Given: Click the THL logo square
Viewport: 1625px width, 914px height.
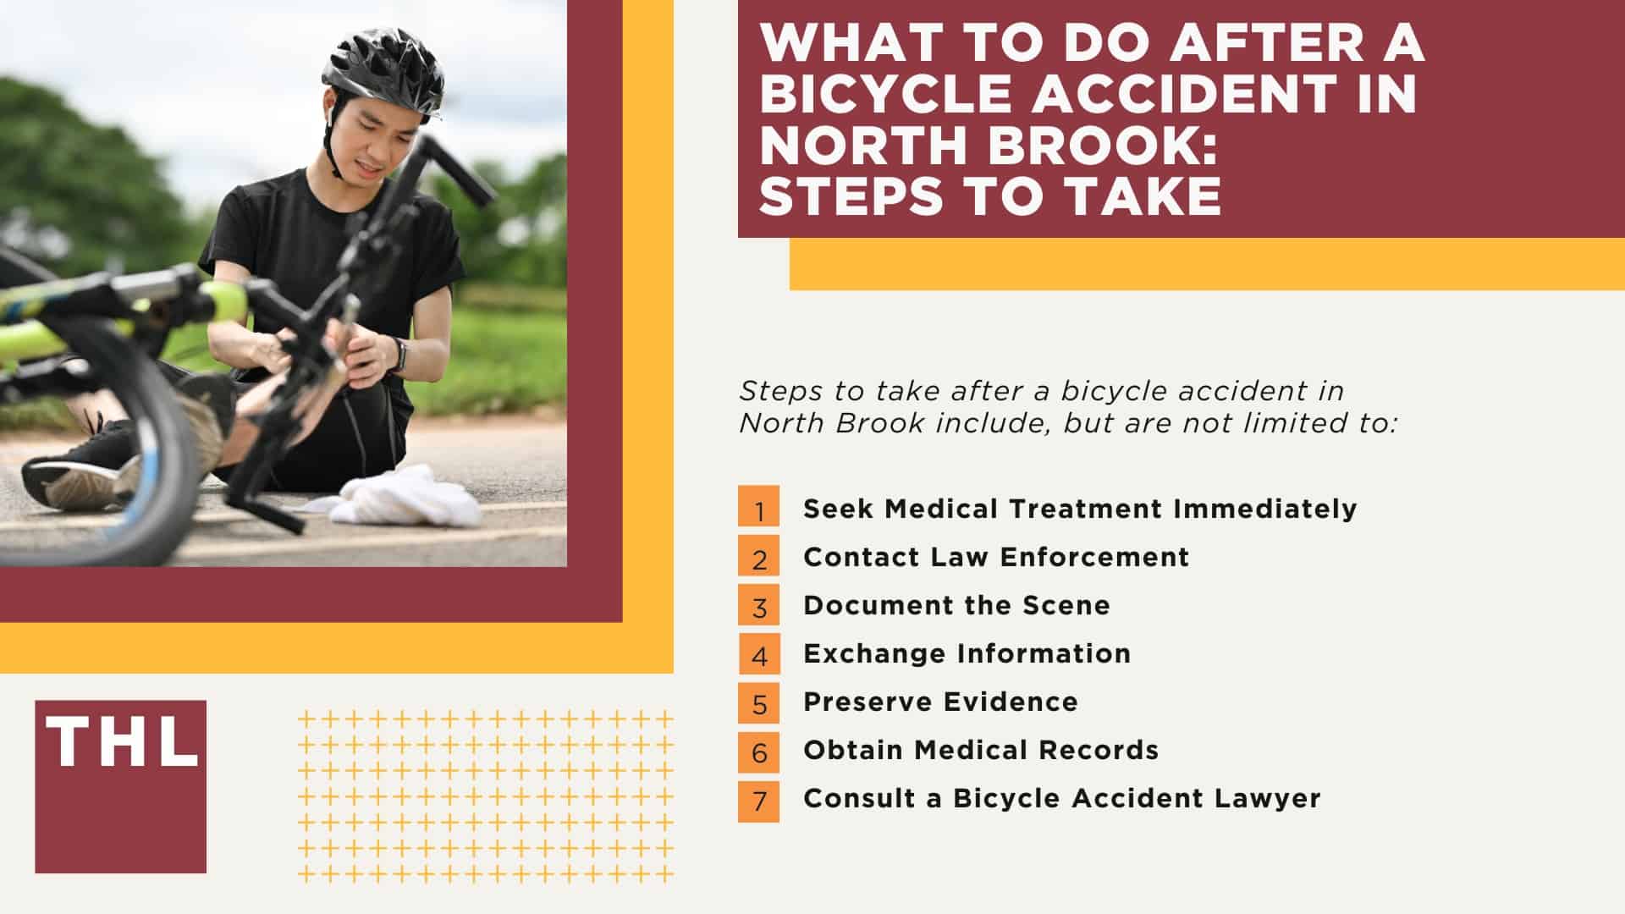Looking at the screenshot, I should coord(120,786).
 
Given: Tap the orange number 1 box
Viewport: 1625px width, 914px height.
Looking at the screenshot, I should coord(759,509).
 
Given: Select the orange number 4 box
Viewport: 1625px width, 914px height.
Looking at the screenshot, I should coord(759,654).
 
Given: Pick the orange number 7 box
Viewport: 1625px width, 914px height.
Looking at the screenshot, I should coord(759,799).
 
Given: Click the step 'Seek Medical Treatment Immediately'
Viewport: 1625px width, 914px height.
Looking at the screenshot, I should coord(1080,509).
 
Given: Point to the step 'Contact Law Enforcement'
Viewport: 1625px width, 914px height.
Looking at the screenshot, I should coord(996,557).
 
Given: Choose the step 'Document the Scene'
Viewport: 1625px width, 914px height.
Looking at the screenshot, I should coord(956,605).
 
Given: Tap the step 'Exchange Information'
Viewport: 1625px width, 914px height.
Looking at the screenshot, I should coord(967,653).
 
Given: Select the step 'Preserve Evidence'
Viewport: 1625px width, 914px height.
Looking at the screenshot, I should coord(940,702).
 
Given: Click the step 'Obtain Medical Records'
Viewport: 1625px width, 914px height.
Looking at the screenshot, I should coord(981,750).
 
